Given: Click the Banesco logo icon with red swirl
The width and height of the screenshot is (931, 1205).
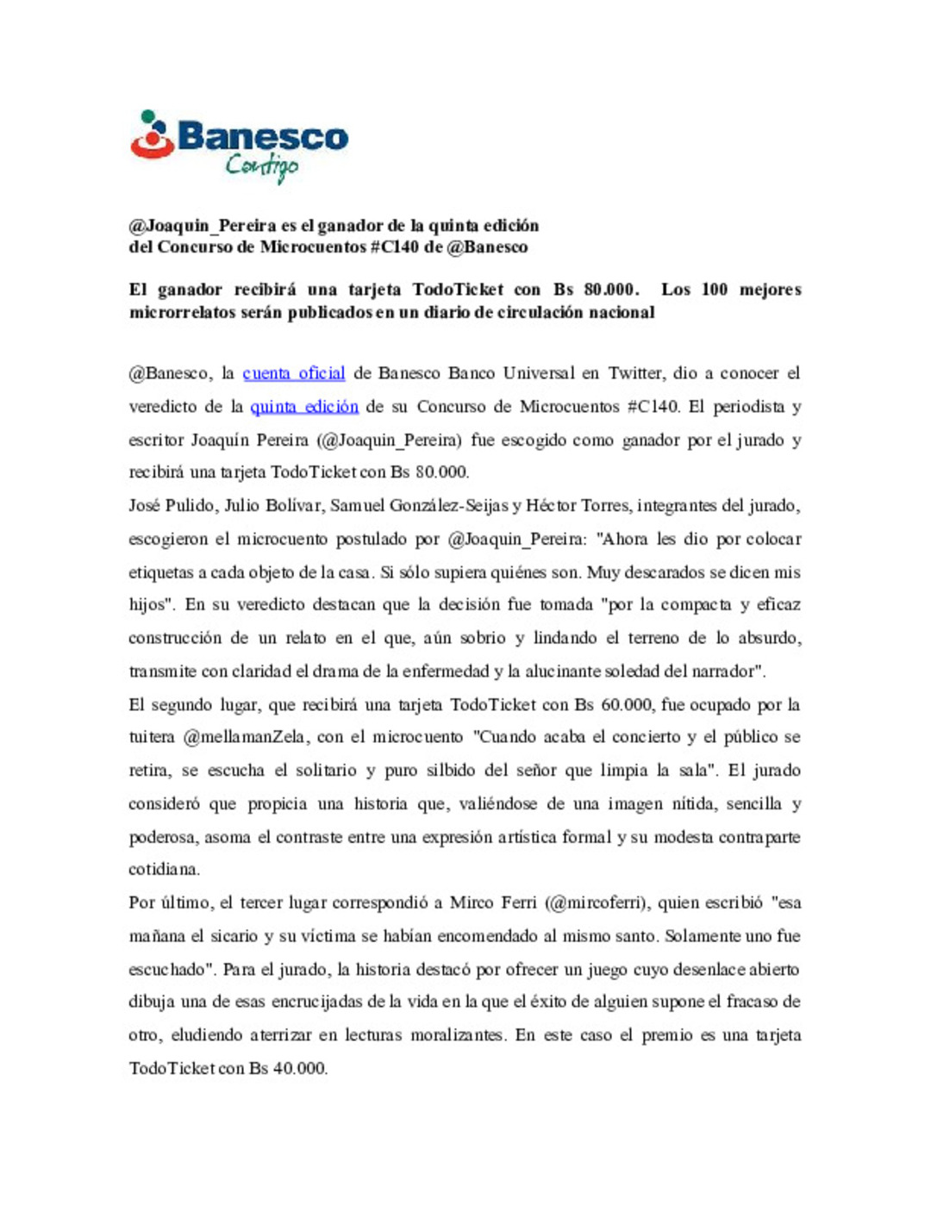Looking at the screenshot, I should point(153,136).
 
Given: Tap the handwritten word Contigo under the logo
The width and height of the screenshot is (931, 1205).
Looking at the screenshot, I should point(262,165).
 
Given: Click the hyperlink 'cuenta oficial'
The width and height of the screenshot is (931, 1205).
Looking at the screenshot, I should point(294,373).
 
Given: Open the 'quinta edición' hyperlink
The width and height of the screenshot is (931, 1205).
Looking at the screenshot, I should point(304,407).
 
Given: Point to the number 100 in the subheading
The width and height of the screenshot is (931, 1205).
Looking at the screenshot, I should point(714,290).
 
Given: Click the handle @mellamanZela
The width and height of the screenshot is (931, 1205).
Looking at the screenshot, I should point(244,738).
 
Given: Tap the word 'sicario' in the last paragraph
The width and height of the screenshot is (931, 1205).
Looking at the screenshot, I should point(234,936).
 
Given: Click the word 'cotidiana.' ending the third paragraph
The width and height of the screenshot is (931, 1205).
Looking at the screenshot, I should point(164,870).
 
